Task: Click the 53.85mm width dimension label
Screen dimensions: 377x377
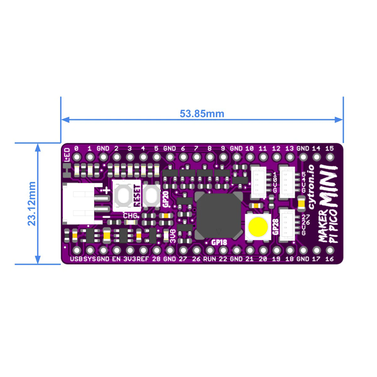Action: [202, 114]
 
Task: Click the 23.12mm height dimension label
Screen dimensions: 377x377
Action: [32, 204]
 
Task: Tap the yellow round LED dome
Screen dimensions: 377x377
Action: [258, 227]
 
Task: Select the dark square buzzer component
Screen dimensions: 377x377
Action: [219, 216]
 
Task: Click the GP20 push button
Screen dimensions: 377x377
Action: [151, 196]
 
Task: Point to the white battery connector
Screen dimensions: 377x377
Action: [82, 204]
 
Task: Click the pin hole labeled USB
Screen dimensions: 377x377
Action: [77, 250]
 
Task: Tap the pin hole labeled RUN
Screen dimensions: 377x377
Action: [210, 250]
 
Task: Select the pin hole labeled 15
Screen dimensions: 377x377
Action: [330, 157]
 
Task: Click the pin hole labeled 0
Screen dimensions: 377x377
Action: [77, 157]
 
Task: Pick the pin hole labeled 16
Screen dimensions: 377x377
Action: [330, 250]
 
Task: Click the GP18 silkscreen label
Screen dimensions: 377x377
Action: [219, 243]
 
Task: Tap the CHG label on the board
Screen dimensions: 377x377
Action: [130, 216]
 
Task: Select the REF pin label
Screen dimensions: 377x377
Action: [143, 259]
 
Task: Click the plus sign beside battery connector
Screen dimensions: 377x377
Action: [107, 190]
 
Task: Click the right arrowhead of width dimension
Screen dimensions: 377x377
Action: [338, 120]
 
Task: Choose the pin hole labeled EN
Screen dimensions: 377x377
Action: [117, 250]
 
